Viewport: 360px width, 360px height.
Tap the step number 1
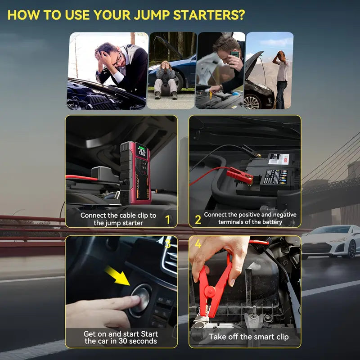(x=167, y=220)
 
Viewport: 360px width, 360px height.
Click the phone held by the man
(x=234, y=54)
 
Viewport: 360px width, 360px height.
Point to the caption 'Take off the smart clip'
(x=248, y=337)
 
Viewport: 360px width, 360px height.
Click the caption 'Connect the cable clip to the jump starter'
(x=118, y=219)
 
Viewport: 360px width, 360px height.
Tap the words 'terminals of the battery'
(x=250, y=222)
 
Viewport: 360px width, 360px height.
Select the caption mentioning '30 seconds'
(x=120, y=337)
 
